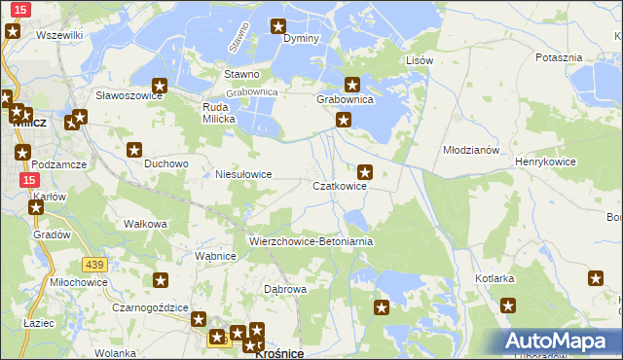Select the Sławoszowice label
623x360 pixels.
(x=128, y=95)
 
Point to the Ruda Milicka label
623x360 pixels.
(x=219, y=113)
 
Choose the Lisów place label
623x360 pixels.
(x=419, y=60)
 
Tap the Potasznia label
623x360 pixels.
(x=559, y=57)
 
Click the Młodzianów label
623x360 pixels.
(x=471, y=151)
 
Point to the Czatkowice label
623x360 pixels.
(x=339, y=186)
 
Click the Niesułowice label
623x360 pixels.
(x=242, y=175)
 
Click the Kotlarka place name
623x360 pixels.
(x=495, y=278)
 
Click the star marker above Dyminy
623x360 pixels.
(x=278, y=26)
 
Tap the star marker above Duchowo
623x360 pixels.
(x=135, y=150)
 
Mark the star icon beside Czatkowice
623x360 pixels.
(x=365, y=172)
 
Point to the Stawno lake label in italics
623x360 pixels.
(x=238, y=37)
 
